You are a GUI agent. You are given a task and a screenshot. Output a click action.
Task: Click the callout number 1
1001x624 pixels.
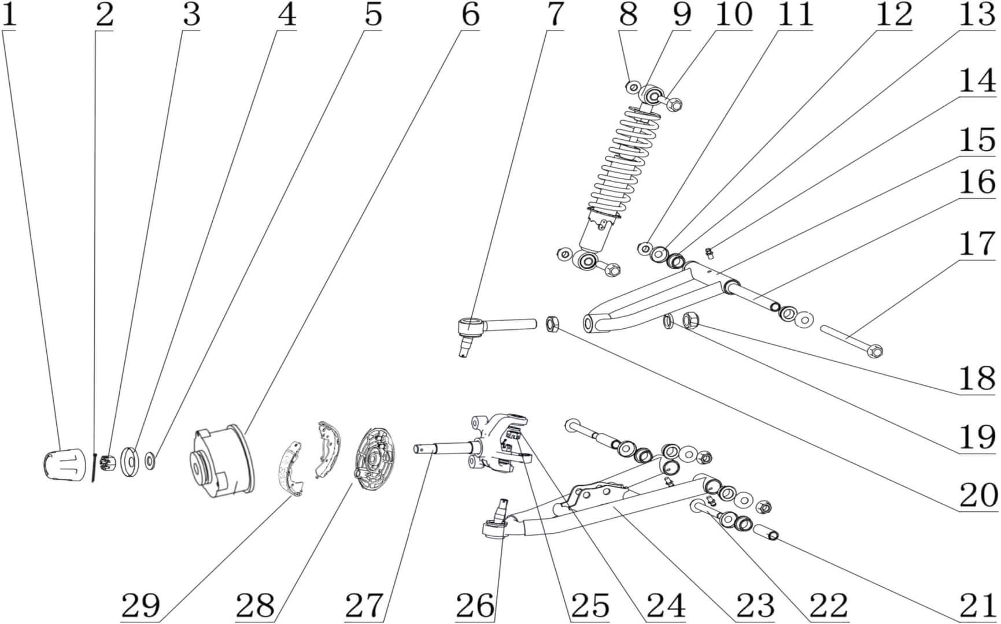[x=9, y=16]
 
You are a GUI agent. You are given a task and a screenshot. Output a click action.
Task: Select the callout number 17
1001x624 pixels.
[x=977, y=244]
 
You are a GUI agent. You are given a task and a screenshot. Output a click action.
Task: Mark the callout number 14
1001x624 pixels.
[x=977, y=81]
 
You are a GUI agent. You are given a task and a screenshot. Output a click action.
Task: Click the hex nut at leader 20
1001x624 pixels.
[x=552, y=325]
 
